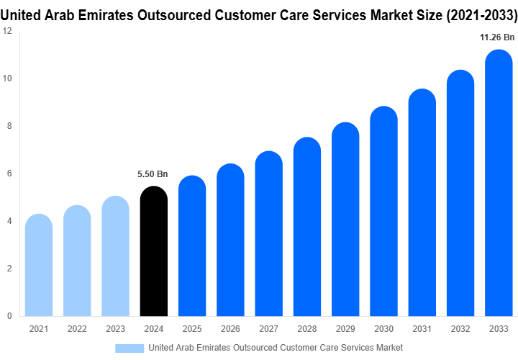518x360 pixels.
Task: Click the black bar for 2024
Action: [x=153, y=252]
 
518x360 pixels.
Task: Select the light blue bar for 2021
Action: [x=39, y=266]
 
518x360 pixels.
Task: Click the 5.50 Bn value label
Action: [x=153, y=174]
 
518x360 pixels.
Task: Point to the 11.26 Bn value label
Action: [x=498, y=37]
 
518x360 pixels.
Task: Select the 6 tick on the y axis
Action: [x=9, y=174]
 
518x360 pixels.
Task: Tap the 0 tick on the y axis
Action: [x=9, y=316]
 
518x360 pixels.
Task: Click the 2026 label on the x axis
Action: [x=230, y=329]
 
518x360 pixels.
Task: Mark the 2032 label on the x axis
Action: [x=460, y=329]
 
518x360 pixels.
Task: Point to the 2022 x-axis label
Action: [x=77, y=329]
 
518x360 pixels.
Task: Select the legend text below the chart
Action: [x=275, y=348]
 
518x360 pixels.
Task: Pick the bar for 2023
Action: [x=115, y=256]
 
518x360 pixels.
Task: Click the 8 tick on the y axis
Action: [x=9, y=126]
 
